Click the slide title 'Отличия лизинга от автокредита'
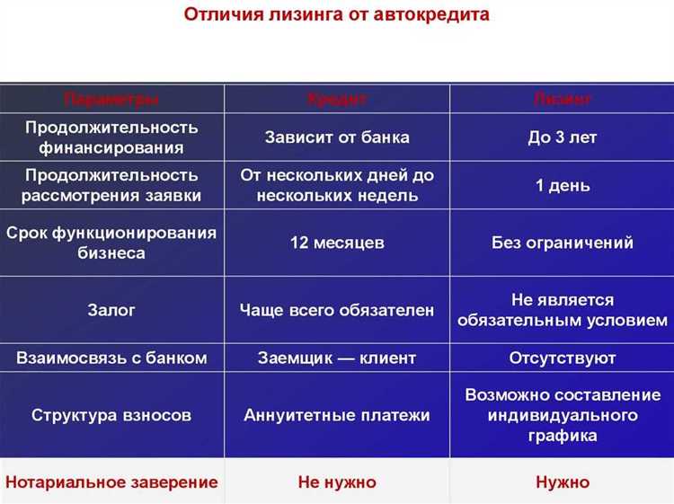(x=337, y=16)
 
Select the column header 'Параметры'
(x=111, y=99)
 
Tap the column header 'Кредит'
(x=337, y=99)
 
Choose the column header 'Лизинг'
(x=563, y=99)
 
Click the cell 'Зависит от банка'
(x=337, y=137)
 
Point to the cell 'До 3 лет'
(x=563, y=137)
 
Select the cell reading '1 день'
(x=563, y=186)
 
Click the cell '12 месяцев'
(x=337, y=243)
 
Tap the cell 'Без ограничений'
(x=563, y=243)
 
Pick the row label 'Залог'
(x=111, y=310)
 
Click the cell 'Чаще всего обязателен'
(x=337, y=310)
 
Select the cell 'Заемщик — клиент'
(x=337, y=358)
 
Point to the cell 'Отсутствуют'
(x=563, y=358)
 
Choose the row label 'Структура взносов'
(x=111, y=415)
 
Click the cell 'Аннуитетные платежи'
(x=337, y=415)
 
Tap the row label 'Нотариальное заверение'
(x=111, y=482)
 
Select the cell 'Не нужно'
(x=337, y=482)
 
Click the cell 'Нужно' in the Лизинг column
(x=563, y=482)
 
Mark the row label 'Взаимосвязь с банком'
(x=111, y=358)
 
